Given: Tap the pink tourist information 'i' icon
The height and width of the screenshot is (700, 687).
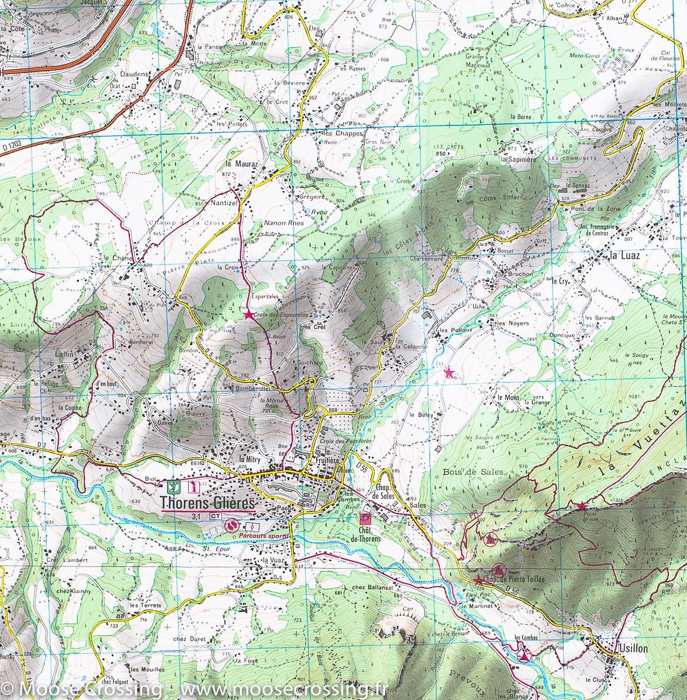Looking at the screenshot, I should (x=195, y=485).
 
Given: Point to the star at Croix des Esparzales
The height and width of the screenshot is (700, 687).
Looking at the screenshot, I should (x=249, y=315).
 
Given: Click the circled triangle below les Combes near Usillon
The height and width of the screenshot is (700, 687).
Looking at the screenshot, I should (x=524, y=657).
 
